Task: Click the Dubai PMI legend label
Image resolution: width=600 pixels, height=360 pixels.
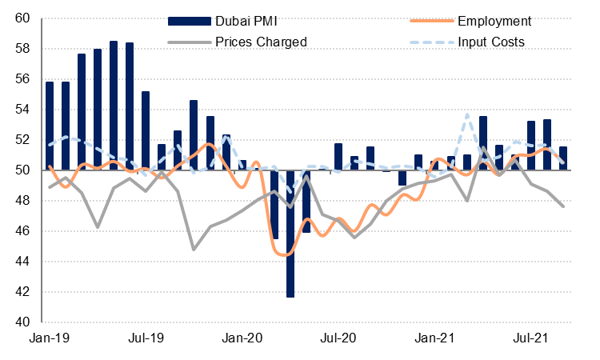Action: (x=247, y=20)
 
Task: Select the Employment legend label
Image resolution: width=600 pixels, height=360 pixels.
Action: (x=494, y=20)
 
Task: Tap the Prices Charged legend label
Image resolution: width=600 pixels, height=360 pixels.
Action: (x=261, y=41)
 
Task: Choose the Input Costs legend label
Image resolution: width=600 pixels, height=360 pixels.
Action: (x=491, y=41)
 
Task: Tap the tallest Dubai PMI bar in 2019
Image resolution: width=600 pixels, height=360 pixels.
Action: (x=114, y=106)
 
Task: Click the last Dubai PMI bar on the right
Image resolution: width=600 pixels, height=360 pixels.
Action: (x=563, y=158)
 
